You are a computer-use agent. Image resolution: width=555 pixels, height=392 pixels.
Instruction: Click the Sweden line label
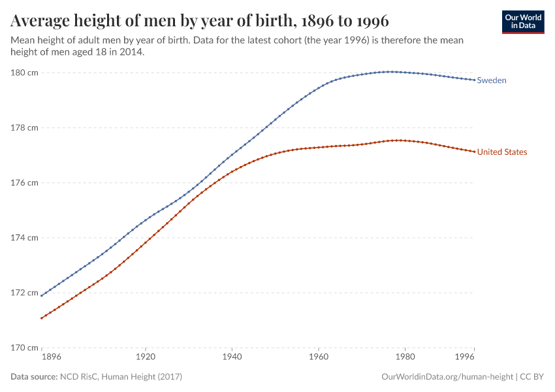(x=492, y=80)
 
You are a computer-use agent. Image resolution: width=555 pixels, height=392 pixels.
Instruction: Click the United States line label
(x=501, y=152)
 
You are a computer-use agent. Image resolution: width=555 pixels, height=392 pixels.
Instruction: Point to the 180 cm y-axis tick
(x=23, y=73)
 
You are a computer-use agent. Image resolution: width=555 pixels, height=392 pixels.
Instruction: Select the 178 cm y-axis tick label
(x=23, y=127)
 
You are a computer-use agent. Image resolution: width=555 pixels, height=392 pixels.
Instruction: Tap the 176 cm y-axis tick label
(x=23, y=182)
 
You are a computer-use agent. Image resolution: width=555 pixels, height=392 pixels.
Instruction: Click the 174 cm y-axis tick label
(x=23, y=237)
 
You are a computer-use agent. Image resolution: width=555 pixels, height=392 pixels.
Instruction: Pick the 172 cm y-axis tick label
(x=23, y=292)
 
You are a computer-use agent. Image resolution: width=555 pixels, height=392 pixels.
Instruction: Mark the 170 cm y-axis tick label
(x=23, y=347)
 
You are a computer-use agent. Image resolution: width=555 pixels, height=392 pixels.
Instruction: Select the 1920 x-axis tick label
(x=145, y=358)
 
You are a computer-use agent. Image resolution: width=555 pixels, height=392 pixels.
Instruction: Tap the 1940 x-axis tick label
(x=232, y=358)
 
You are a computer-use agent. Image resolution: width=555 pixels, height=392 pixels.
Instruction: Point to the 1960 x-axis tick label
(x=318, y=358)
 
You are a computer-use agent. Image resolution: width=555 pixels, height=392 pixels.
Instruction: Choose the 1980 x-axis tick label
(x=405, y=358)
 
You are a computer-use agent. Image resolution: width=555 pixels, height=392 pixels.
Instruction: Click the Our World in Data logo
(x=523, y=22)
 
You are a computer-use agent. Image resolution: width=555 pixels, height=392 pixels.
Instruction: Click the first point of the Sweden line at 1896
(x=41, y=296)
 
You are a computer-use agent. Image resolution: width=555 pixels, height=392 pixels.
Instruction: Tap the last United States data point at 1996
(x=474, y=152)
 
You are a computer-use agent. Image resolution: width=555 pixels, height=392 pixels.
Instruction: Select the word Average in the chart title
(x=40, y=21)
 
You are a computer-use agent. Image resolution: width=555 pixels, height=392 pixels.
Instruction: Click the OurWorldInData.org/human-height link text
(x=447, y=377)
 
